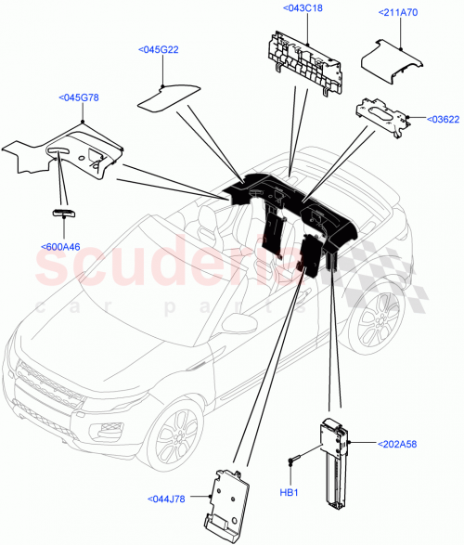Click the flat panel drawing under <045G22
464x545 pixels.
[169, 94]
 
